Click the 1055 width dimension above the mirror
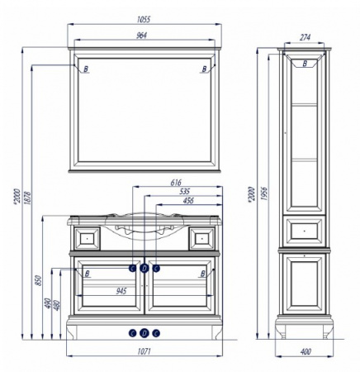coord(144,20)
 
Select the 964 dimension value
coord(142,36)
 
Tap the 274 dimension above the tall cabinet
coord(305,37)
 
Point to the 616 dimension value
coord(176,183)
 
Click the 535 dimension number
coord(184,191)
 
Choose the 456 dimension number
coord(188,200)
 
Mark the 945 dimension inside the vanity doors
coord(121,291)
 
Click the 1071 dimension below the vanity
coord(144,351)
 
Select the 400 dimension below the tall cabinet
coord(306,351)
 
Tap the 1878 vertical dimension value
coord(27,198)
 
